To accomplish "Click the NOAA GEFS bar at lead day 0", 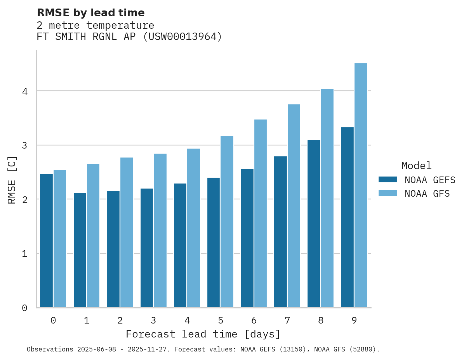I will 46,241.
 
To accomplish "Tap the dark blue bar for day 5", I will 214,242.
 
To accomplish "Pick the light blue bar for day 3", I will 160,230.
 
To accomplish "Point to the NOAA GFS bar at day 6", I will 260,213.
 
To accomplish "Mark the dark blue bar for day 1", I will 80,250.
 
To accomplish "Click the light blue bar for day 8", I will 327,198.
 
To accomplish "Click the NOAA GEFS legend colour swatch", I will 388,180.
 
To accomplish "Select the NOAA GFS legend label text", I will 427,194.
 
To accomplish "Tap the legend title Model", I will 416,166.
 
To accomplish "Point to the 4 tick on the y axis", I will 25,92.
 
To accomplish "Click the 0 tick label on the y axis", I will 24,308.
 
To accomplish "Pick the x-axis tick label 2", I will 120,321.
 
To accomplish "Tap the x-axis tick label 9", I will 354,321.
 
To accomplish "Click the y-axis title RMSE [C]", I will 12,180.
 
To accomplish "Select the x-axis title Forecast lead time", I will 203,334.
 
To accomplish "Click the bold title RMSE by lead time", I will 90,13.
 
